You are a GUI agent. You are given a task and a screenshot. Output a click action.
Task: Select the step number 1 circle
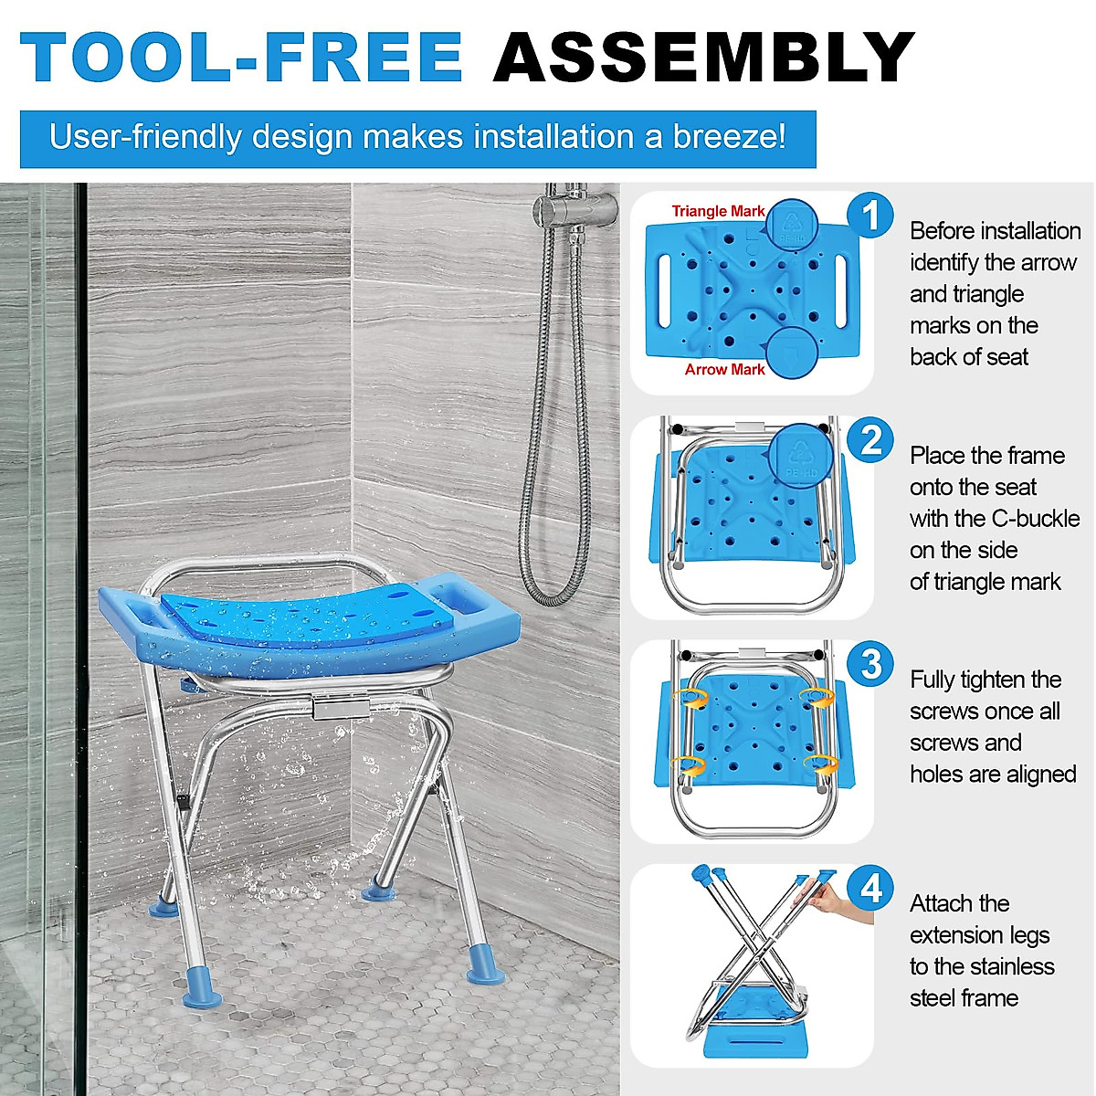tap(870, 216)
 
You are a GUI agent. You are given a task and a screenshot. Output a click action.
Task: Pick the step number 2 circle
tap(870, 440)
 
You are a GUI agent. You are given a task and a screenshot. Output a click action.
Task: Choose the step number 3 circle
tap(870, 664)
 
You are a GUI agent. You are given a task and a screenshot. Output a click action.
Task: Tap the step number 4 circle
tap(870, 888)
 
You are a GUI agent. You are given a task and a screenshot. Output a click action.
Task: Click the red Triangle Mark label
tap(718, 211)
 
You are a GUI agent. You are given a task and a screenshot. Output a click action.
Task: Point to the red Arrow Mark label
tap(724, 369)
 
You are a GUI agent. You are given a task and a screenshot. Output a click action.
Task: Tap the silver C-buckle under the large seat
tap(339, 706)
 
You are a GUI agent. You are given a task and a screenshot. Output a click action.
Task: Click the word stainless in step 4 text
tap(1010, 966)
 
